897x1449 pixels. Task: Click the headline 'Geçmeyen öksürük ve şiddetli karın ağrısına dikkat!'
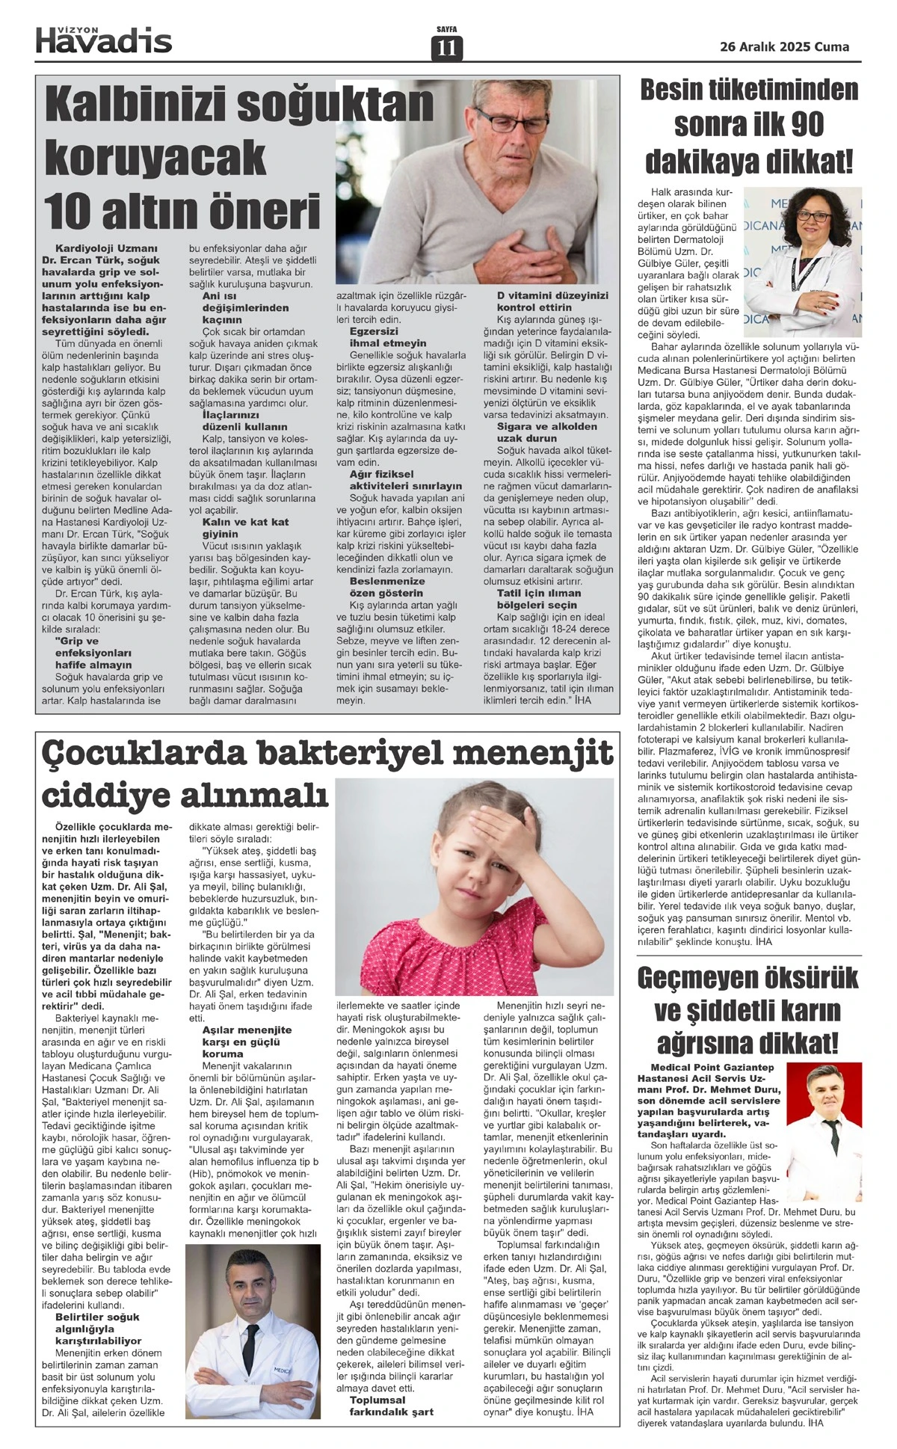point(747,1009)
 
